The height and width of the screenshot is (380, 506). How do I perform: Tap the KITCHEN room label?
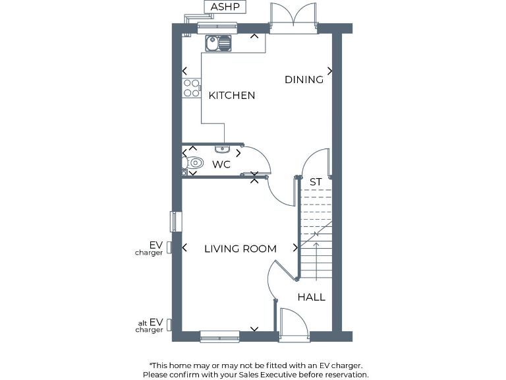pos(232,96)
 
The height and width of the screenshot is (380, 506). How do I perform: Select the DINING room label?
pos(304,80)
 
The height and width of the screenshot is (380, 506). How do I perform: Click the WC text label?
pos(221,164)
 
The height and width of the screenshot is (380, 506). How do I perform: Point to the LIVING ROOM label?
pos(240,249)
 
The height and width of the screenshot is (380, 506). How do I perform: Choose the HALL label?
pos(311,298)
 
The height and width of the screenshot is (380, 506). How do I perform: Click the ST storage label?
pos(316,181)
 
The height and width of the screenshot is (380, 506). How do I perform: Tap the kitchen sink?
pos(219,44)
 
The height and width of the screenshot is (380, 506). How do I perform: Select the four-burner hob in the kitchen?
pos(192,88)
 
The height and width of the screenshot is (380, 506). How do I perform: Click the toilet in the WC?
pos(194,163)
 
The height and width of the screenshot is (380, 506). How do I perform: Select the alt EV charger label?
pos(150,325)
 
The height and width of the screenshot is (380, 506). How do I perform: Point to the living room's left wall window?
pos(176,222)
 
